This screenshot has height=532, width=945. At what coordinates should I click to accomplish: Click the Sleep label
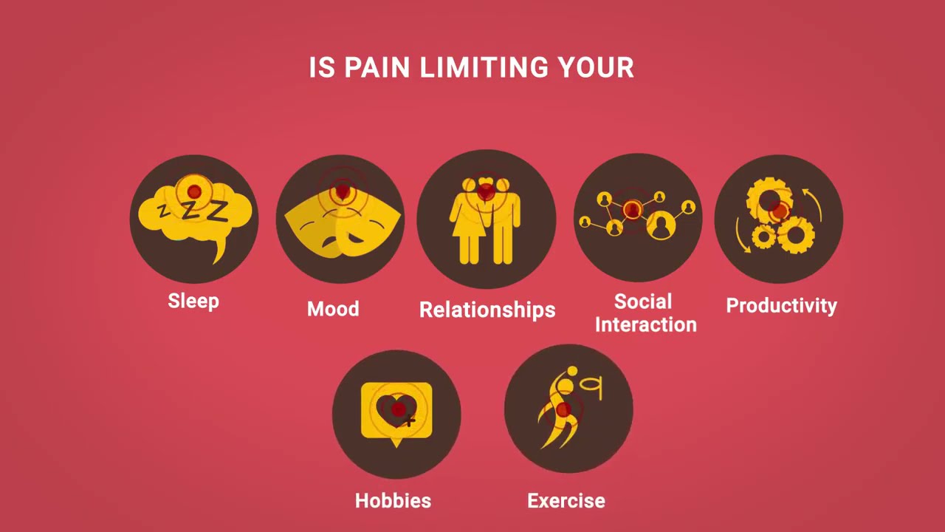tap(193, 301)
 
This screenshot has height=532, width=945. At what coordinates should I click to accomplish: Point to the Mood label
tap(333, 309)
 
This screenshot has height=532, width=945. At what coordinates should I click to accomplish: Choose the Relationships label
tap(487, 310)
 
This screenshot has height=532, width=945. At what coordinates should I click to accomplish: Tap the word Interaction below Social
tap(646, 324)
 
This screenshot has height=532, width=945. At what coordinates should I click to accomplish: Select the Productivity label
tap(782, 306)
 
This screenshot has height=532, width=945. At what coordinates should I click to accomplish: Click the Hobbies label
tap(393, 501)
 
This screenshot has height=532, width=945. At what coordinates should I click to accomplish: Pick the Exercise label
tap(566, 501)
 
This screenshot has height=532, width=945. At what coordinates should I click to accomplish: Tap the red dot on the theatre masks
tap(341, 193)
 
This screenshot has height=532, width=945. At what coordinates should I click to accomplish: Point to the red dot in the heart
tap(399, 409)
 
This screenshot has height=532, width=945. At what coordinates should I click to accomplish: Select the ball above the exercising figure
tap(571, 371)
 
